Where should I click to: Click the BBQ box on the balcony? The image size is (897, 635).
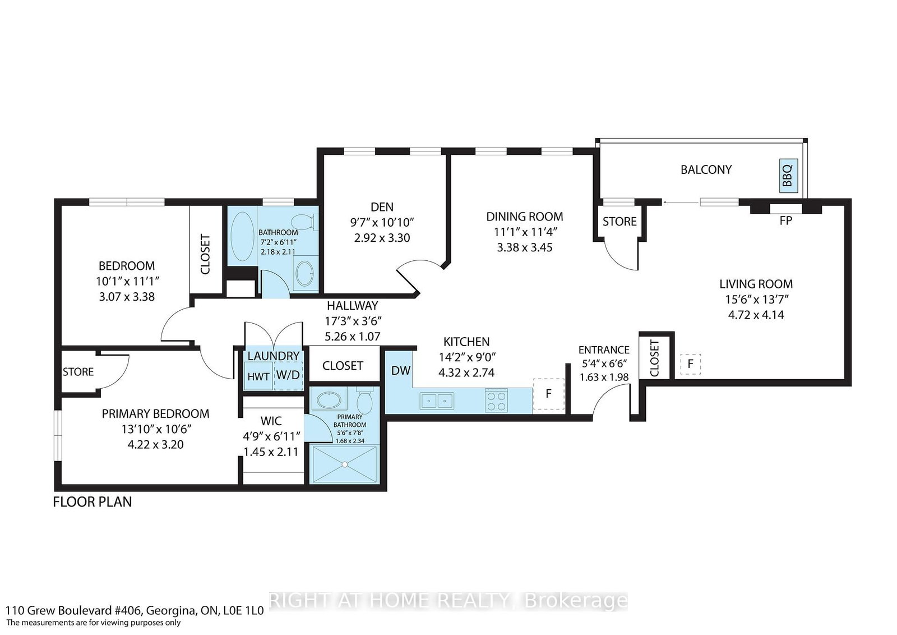point(788,175)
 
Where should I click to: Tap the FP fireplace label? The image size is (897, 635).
point(785,221)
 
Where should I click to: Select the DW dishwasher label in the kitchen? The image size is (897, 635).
point(401,371)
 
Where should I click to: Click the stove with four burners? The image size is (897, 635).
point(496,400)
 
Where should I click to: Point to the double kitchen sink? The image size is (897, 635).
point(437,400)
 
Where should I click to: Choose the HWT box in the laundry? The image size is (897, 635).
point(258,376)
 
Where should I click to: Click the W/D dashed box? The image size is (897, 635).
point(288,375)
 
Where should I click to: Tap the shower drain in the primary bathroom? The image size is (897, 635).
point(344,464)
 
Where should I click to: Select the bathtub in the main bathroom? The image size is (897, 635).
point(243,237)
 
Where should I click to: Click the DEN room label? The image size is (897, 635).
point(382,207)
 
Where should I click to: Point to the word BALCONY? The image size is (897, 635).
point(706,169)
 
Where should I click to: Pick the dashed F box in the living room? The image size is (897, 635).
point(690,364)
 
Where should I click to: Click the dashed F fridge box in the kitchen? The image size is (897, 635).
point(549,394)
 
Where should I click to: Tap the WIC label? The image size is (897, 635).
point(271,421)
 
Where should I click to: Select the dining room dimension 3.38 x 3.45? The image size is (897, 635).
point(525,247)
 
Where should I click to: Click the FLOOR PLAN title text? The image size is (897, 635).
point(93,501)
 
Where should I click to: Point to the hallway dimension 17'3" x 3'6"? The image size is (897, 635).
point(353,321)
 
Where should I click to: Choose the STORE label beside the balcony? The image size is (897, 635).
point(619,221)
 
